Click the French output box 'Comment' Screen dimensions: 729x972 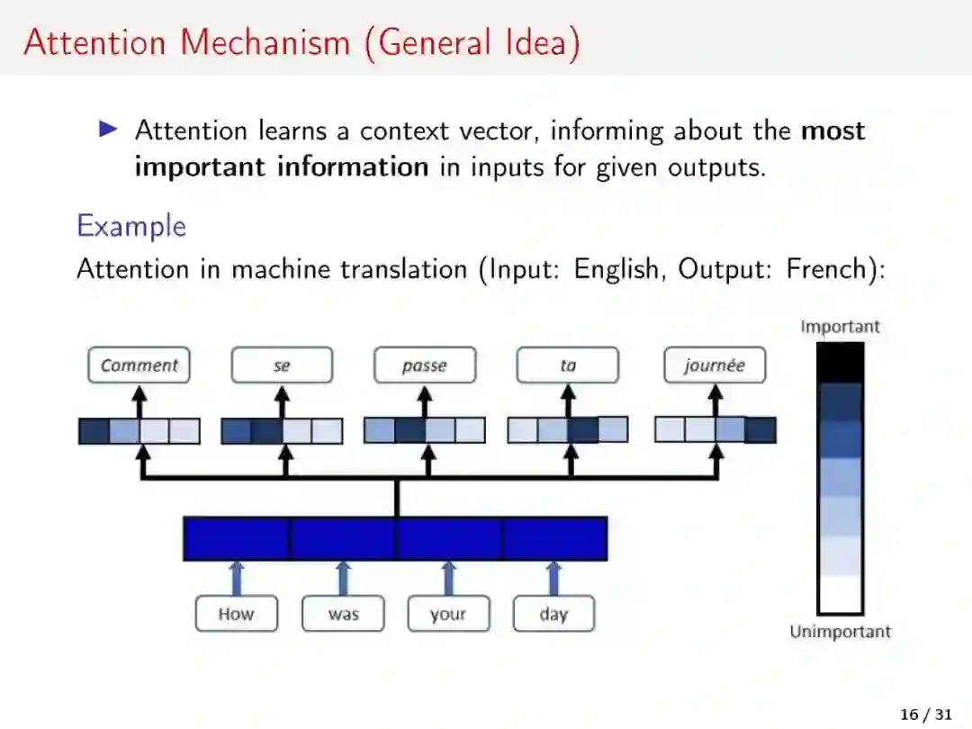point(139,365)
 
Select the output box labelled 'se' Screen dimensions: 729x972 point(282,365)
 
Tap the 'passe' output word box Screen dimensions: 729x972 point(424,365)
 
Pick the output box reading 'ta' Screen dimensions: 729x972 point(567,365)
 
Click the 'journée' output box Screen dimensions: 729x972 point(715,365)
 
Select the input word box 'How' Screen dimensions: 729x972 point(236,615)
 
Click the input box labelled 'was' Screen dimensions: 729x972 point(343,615)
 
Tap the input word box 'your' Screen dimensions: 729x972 point(448,615)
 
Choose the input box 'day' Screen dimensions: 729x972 point(553,615)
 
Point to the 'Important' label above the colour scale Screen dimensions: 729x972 point(840,327)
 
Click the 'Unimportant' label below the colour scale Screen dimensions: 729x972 point(840,632)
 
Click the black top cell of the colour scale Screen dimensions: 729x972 point(840,363)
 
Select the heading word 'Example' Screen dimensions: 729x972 point(131,226)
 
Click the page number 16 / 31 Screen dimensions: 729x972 point(925,715)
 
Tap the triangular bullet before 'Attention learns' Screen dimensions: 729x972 point(109,130)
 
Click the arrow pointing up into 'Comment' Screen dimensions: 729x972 point(139,400)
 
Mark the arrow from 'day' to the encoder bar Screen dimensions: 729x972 point(553,578)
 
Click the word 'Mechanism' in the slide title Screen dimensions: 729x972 point(266,42)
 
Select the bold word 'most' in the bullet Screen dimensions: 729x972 point(832,130)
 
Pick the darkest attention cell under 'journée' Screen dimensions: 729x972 point(760,430)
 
